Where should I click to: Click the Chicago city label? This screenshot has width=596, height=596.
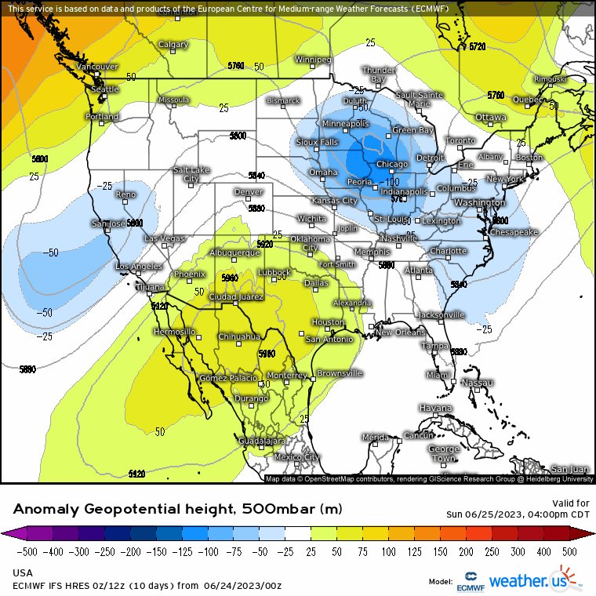391,164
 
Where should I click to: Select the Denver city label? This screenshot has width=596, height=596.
248,191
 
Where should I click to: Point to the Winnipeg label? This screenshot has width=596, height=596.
313,60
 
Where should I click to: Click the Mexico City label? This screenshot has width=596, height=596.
296,457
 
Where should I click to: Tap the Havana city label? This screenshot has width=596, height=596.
435,409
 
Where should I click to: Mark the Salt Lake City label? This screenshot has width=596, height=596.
191,174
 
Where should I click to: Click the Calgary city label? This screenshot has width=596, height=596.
173,45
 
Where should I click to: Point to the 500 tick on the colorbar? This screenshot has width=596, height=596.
569,551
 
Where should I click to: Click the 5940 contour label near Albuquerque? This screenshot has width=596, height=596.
230,278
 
